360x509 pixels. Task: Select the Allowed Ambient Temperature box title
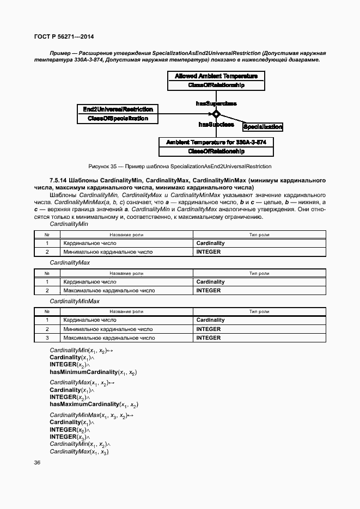pos(216,76)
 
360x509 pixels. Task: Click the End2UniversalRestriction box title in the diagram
pos(118,109)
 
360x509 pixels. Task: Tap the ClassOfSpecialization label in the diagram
pos(118,118)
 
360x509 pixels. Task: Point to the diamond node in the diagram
pos(216,114)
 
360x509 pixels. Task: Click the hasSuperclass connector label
pos(216,103)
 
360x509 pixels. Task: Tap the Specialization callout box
pos(263,127)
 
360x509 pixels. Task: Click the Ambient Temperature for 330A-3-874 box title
pos(216,142)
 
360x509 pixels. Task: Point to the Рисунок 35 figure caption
pos(180,166)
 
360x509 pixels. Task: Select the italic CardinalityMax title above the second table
pos(70,262)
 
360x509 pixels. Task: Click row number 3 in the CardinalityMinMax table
pos(47,338)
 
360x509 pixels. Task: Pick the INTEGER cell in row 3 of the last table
pos(209,338)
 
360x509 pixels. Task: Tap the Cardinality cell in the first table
pos(210,243)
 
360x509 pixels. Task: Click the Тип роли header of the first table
pos(259,235)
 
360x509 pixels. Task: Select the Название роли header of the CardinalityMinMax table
pos(126,311)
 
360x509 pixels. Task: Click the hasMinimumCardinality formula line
pos(93,372)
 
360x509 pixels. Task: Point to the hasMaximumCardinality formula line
pos(94,404)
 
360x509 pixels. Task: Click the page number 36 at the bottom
pos(37,463)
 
